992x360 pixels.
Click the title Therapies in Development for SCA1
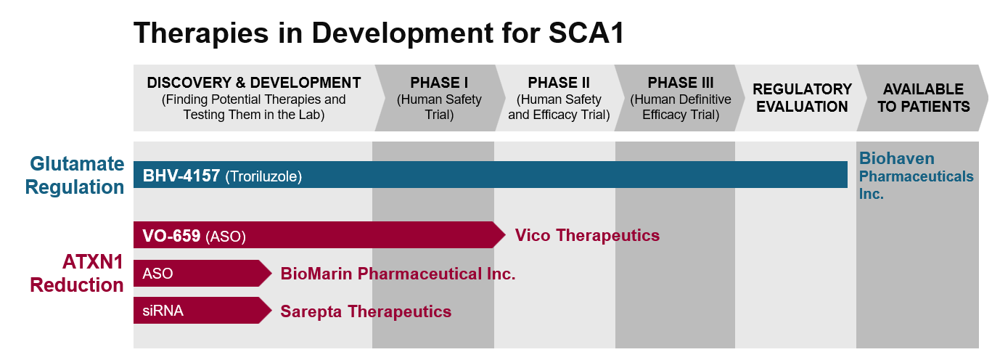(379, 33)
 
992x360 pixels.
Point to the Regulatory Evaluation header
(802, 98)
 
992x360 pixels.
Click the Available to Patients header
(923, 98)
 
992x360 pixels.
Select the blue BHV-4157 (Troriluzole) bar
(508, 175)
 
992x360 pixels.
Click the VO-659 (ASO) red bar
(312, 235)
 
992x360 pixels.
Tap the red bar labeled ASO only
(194, 274)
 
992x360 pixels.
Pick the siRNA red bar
(194, 311)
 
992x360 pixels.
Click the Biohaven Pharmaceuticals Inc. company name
(916, 176)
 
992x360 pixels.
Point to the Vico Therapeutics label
(587, 235)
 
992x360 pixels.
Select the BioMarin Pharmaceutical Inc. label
(398, 274)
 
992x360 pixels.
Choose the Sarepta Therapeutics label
(366, 311)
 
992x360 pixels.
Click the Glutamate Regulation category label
(75, 176)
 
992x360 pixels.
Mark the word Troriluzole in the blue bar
(263, 176)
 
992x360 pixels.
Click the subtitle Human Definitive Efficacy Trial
(680, 107)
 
